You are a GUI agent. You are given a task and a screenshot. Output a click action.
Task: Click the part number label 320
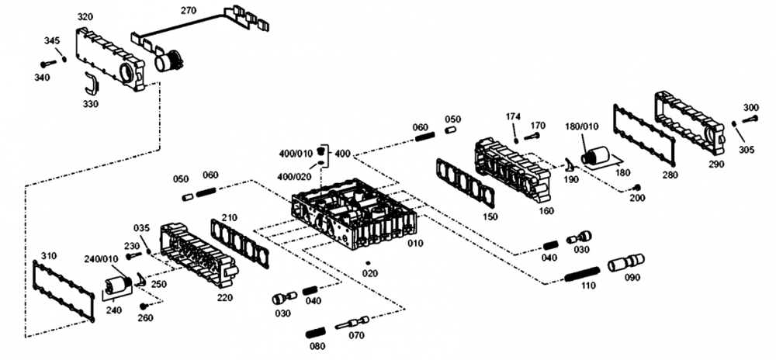85,16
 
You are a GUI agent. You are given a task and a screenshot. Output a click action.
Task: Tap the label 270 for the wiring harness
188,10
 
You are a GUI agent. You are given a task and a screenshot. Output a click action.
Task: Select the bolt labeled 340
47,62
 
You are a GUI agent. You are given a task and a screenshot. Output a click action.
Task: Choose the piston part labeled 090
626,263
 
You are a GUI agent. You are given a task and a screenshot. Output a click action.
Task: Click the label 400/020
295,176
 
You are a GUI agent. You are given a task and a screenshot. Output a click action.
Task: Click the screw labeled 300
749,119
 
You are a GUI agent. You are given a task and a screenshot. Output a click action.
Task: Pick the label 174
513,116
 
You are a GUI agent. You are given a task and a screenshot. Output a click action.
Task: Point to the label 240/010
101,259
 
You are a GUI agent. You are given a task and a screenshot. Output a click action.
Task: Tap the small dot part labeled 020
368,261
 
